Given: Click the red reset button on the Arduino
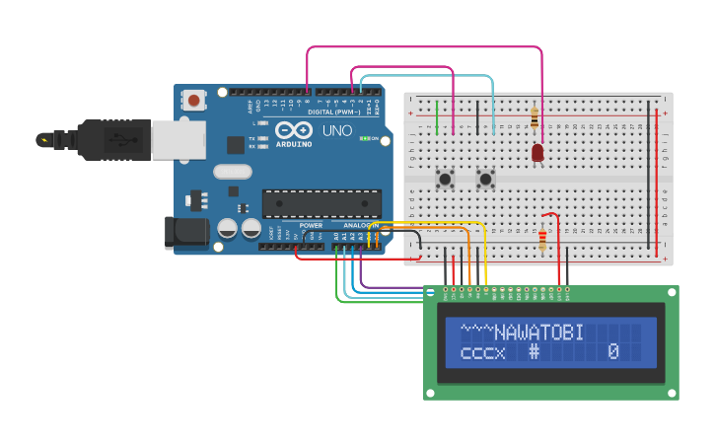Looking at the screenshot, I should point(194,100).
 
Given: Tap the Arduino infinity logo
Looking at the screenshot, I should point(294,129).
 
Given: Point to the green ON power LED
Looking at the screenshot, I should point(366,138).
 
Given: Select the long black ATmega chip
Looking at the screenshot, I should point(322,202).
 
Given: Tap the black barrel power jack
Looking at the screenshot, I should point(187,232).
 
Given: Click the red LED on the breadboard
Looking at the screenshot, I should point(537,152).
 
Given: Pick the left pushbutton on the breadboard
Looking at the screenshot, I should point(445,180).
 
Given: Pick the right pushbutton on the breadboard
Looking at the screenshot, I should point(484,180).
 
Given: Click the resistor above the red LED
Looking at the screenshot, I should point(535,119).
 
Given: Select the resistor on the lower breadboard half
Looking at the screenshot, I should point(542,239).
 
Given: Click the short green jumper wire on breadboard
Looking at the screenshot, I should point(438,117).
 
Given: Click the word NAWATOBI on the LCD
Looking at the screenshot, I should point(538,333).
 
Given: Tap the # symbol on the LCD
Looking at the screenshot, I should point(534,351).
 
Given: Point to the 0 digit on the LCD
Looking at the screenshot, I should point(612,351).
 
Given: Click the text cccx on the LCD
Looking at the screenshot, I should point(482,351).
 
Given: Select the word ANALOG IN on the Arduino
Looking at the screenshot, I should point(360,225).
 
